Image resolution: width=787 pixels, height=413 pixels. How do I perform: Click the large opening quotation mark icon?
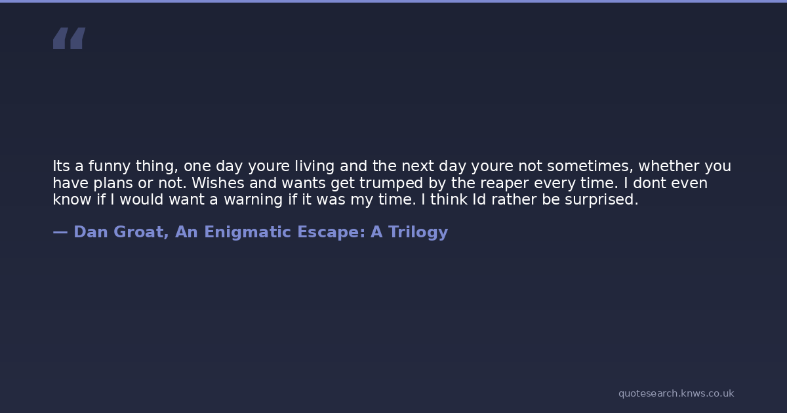pos(70,38)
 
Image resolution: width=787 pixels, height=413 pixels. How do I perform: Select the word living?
pos(314,167)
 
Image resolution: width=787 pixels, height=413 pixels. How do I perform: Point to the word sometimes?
pos(590,167)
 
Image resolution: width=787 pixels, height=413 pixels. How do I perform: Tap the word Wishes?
pos(218,183)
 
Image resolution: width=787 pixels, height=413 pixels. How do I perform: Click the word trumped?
pos(391,184)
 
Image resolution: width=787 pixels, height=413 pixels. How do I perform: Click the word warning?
pos(253,200)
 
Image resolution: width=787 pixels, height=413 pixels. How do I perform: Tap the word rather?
pos(514,199)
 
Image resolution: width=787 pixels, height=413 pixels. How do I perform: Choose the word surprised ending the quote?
pos(601,200)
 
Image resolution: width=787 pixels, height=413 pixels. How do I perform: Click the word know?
pos(72,199)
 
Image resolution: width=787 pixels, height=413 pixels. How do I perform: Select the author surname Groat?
pos(141,232)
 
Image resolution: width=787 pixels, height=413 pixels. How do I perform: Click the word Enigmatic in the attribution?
pos(248,233)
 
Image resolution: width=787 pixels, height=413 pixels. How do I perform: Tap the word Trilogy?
pos(418,233)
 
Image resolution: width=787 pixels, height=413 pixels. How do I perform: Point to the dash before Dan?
pos(60,232)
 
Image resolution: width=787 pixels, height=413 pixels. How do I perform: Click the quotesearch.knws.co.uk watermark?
pos(676,394)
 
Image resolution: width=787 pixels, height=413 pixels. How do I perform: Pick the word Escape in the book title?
pos(331,233)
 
